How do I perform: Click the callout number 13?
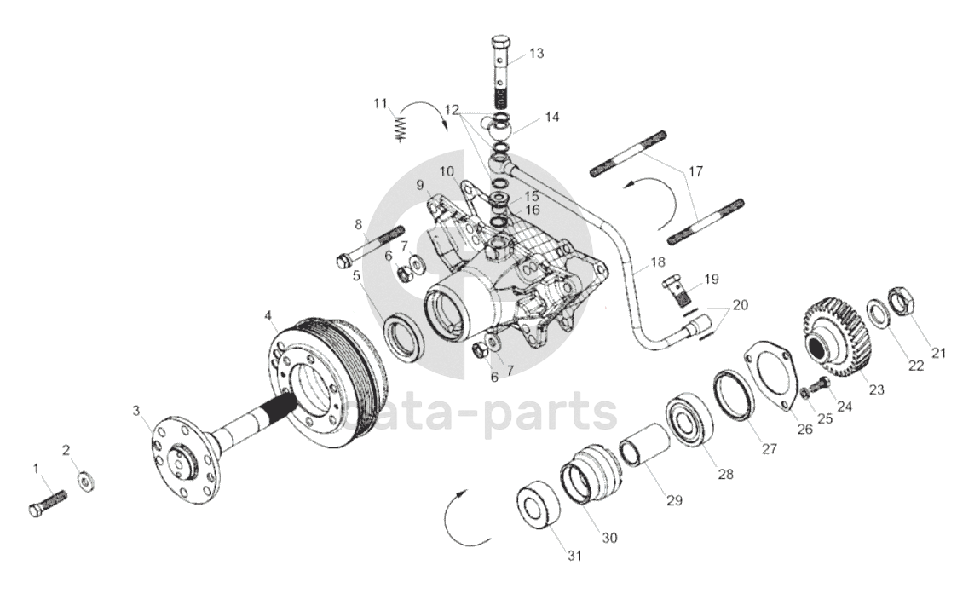tap(535, 53)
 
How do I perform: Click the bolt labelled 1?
tap(46, 503)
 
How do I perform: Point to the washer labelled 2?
tap(86, 482)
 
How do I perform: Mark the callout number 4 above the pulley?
tap(268, 316)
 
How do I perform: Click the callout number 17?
tap(696, 171)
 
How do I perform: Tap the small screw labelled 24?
tap(819, 386)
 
